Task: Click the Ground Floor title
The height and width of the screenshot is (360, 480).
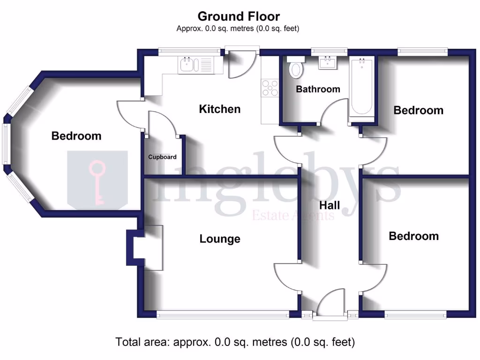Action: [239, 16]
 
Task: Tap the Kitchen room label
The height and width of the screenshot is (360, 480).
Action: [220, 109]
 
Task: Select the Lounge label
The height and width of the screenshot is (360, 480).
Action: [220, 239]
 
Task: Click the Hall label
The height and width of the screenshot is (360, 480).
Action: [330, 205]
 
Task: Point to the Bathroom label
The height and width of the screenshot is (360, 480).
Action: [318, 89]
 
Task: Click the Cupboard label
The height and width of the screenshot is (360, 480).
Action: [162, 157]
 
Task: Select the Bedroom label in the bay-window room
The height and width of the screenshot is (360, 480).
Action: [76, 136]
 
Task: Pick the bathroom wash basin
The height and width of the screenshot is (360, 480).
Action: [328, 62]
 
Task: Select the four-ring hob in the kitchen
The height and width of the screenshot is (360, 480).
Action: [270, 88]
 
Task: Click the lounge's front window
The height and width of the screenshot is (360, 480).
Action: [223, 315]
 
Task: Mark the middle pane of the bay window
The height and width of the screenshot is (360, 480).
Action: [7, 143]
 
